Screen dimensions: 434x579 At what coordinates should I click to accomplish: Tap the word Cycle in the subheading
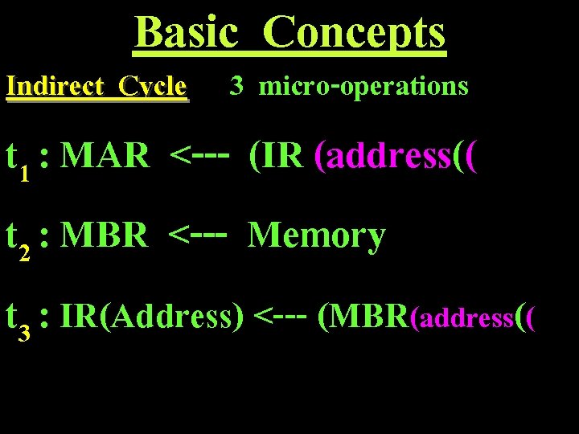[153, 86]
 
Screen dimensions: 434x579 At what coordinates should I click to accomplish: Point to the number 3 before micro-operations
[236, 85]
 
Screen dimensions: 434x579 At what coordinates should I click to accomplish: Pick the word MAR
[105, 155]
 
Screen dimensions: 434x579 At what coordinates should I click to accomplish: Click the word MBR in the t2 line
[105, 235]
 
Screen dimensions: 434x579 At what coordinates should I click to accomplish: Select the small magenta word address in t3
[463, 319]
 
